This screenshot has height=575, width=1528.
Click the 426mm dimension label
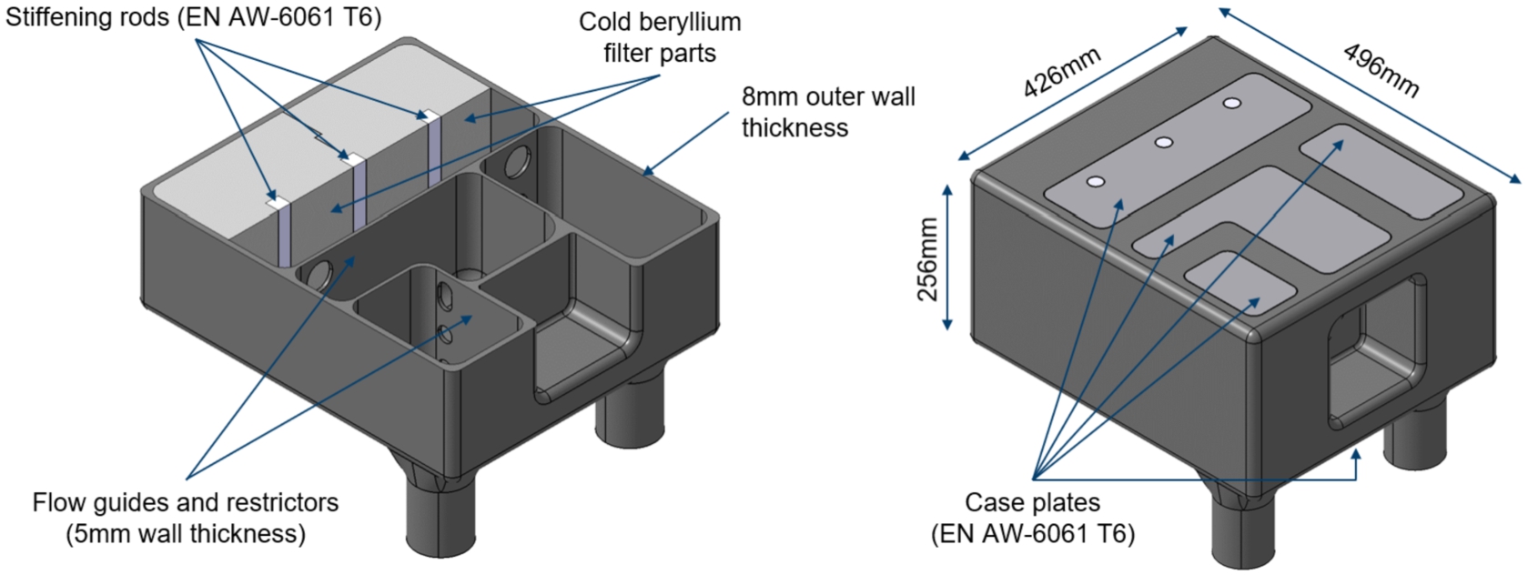pos(1061,72)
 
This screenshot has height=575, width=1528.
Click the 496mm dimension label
pos(1381,70)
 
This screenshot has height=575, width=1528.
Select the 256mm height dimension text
pos(927,259)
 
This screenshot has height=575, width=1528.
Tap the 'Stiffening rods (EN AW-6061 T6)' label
pos(193,16)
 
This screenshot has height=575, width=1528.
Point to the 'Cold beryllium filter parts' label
pos(660,37)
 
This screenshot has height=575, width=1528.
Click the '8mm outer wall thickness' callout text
pos(828,112)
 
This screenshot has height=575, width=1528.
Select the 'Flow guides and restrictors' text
pos(186,503)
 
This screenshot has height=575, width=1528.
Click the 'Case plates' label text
pos(1032,503)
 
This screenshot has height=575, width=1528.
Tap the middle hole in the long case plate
pos(1164,143)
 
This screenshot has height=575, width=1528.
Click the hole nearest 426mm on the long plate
pos(1096,182)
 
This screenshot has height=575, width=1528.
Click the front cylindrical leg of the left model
pos(440,518)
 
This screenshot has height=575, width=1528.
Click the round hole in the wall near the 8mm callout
pos(519,162)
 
